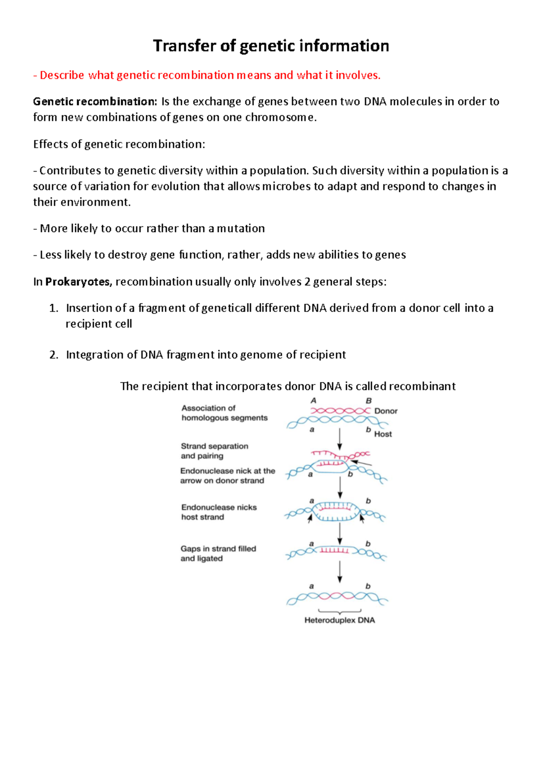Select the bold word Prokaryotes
[x=78, y=282]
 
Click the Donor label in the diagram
[x=386, y=411]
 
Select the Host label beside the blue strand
[x=383, y=434]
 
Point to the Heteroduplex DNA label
[x=339, y=620]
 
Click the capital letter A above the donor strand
[x=313, y=400]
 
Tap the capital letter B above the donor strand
[x=368, y=400]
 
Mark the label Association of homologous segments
[x=224, y=413]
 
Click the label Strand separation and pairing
[x=214, y=451]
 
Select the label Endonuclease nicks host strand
[x=219, y=512]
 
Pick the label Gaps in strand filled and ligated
[x=218, y=553]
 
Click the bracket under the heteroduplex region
[x=340, y=611]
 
